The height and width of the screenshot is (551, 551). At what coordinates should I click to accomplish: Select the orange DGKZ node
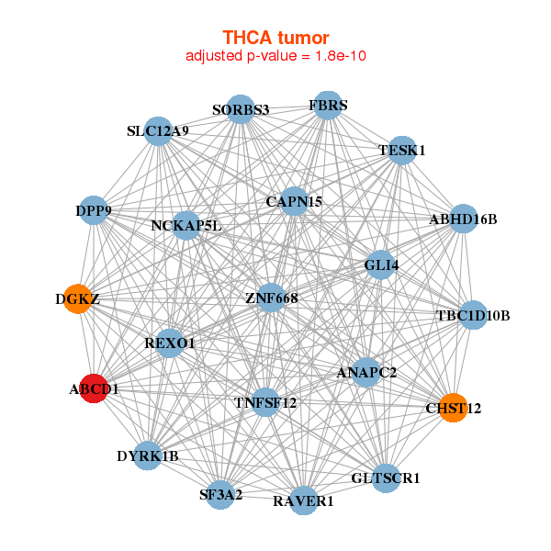click(79, 298)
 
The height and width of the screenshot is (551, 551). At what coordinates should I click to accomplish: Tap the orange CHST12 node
click(453, 407)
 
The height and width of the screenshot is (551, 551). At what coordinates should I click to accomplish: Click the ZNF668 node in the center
click(271, 298)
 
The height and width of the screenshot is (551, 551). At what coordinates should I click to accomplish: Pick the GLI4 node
click(381, 266)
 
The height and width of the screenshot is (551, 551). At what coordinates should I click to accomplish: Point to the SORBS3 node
click(240, 109)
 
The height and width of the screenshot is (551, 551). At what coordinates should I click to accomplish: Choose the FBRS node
click(327, 104)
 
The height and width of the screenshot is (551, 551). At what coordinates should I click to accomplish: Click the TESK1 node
click(402, 150)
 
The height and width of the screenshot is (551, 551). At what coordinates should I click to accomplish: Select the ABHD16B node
click(463, 219)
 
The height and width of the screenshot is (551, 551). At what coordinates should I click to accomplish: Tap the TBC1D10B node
click(473, 316)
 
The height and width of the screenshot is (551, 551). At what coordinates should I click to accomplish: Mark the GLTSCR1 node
click(385, 478)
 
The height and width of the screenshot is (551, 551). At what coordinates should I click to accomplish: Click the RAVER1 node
click(304, 500)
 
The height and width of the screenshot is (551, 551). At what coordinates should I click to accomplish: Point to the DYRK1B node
click(148, 455)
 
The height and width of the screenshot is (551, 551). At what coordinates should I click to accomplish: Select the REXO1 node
click(170, 343)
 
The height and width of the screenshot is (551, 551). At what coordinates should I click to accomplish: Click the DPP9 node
click(94, 211)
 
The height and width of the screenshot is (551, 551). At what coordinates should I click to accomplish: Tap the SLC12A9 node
click(158, 130)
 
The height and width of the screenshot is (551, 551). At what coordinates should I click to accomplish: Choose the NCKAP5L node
click(186, 224)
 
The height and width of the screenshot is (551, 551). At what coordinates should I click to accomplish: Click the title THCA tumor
click(275, 38)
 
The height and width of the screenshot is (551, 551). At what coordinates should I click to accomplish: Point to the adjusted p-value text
click(275, 56)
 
